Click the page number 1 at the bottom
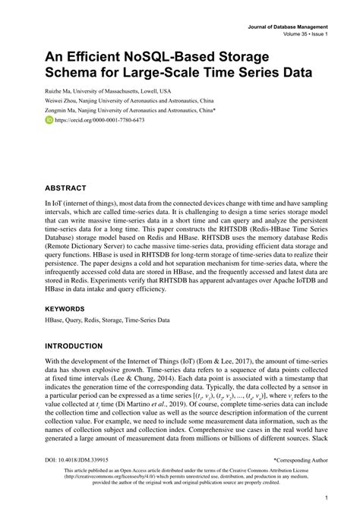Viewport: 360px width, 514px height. pos(326,498)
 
